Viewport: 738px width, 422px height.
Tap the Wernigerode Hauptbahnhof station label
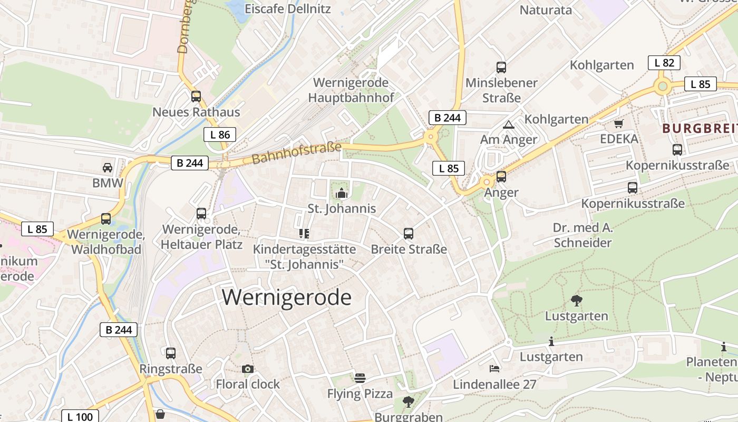coord(351,90)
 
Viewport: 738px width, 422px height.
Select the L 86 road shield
coord(220,135)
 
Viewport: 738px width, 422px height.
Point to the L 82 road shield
coord(664,63)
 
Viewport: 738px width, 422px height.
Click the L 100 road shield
coord(80,417)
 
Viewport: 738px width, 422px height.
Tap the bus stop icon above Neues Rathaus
coord(196,97)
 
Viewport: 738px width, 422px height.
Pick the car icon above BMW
coord(108,168)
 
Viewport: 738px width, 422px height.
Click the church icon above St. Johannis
coord(342,193)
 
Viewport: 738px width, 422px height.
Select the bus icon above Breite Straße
coord(409,234)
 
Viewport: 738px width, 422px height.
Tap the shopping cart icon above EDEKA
coord(618,124)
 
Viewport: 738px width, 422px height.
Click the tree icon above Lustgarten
coord(577,301)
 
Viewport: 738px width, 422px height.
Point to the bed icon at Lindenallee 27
coord(494,368)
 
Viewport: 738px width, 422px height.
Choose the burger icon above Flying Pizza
coord(360,378)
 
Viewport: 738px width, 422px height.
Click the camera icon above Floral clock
coord(248,369)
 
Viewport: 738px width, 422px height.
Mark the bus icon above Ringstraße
coord(171,353)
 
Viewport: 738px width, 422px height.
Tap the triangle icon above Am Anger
coord(508,125)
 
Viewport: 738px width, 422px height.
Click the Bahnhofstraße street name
coord(296,153)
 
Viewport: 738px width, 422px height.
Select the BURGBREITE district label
coord(700,128)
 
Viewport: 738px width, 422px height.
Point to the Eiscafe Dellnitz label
coord(288,9)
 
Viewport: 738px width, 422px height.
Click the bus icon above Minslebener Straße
coord(501,68)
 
